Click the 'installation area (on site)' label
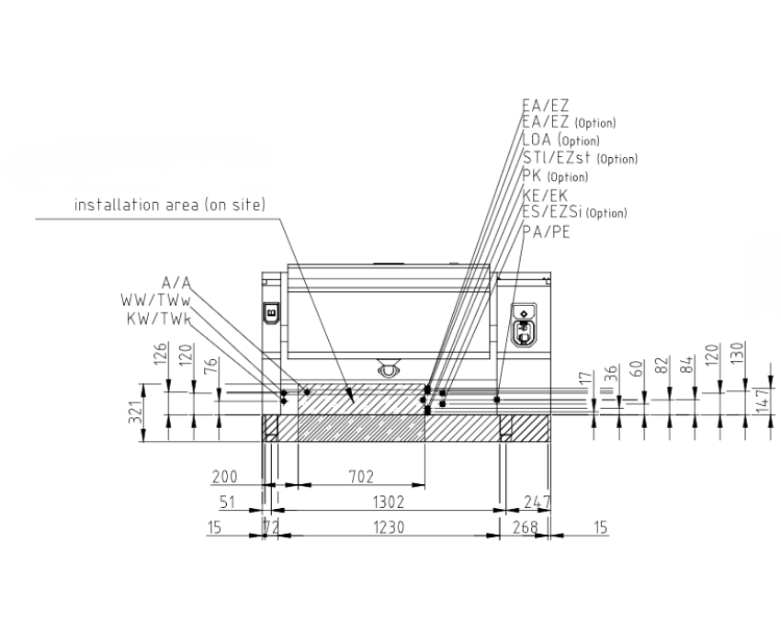coord(170,205)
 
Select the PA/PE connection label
coord(546,231)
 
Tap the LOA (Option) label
coord(560,140)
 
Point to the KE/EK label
coord(545,196)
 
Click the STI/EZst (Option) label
coord(580,158)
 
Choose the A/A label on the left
coord(176,283)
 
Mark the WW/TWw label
coord(156,300)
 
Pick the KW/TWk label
coord(159,318)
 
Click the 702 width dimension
coord(360,477)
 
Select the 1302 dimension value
coord(389,502)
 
